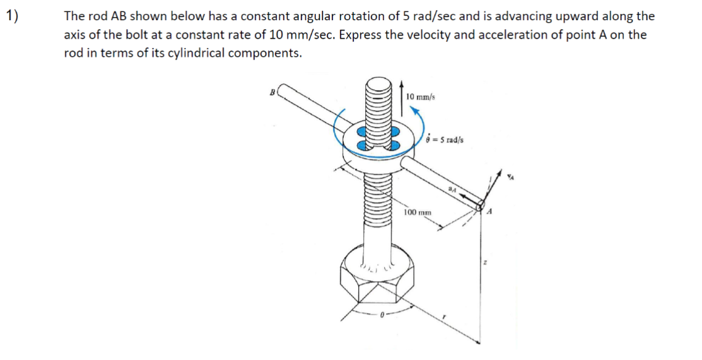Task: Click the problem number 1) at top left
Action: (x=11, y=16)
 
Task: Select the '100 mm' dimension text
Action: (x=418, y=212)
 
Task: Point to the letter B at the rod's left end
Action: (x=272, y=92)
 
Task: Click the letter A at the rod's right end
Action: (x=489, y=213)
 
